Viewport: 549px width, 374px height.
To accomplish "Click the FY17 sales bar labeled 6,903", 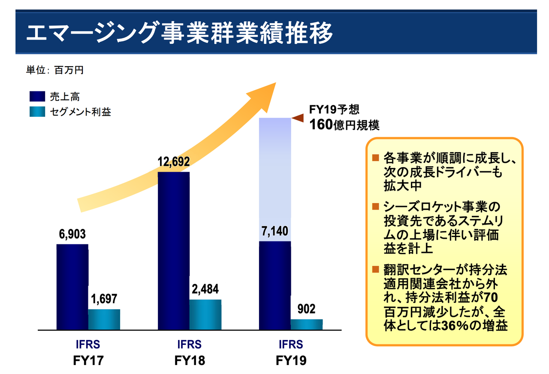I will (72, 287).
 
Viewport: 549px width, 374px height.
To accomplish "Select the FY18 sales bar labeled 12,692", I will (174, 251).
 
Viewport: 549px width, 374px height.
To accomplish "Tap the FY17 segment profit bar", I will (104, 319).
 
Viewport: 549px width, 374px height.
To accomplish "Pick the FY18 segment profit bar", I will (205, 315).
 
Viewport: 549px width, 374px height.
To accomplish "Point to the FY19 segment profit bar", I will (306, 325).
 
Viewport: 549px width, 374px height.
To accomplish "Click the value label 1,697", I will (104, 299).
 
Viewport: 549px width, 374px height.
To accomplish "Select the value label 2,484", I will (205, 289).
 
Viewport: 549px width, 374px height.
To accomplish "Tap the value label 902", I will (306, 309).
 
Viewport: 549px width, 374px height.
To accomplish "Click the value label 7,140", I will (275, 232).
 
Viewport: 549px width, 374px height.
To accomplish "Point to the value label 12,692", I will (174, 162).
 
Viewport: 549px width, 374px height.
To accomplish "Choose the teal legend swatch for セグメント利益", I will (37, 112).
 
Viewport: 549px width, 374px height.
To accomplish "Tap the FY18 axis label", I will (190, 361).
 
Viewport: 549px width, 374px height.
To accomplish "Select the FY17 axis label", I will (88, 361).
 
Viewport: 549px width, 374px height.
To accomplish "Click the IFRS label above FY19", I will (291, 345).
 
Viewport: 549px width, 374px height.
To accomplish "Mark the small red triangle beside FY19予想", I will (298, 117).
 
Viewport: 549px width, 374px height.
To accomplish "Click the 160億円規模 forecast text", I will (345, 125).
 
